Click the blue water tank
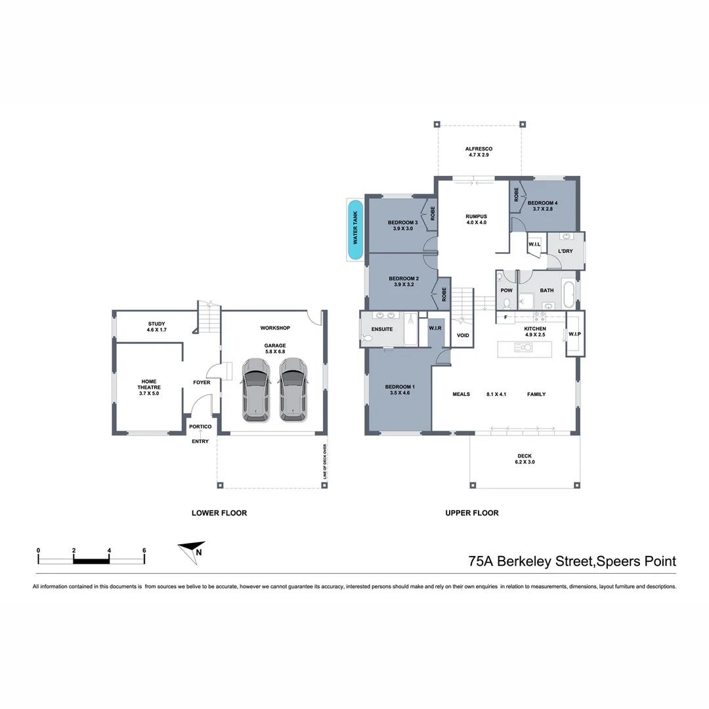355,229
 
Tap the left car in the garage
256,390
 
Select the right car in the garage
293,390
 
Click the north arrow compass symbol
192,551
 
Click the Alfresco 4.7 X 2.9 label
479,152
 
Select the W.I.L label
534,244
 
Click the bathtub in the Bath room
569,294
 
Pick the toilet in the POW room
507,303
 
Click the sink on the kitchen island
523,347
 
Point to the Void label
463,335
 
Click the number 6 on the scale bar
144,550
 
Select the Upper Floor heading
472,513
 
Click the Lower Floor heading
219,513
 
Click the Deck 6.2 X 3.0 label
525,459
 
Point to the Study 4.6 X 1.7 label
156,327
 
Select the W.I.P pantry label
574,334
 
